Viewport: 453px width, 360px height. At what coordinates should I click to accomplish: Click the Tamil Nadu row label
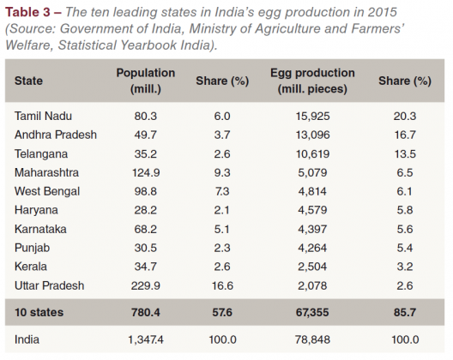[x=41, y=115]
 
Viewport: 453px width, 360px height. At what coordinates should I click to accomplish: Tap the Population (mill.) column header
[x=145, y=81]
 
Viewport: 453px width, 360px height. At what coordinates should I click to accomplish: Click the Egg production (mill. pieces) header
[x=324, y=81]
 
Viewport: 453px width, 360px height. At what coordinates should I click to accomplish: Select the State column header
[x=29, y=81]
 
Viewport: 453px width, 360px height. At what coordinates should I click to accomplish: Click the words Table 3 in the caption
[x=30, y=11]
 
